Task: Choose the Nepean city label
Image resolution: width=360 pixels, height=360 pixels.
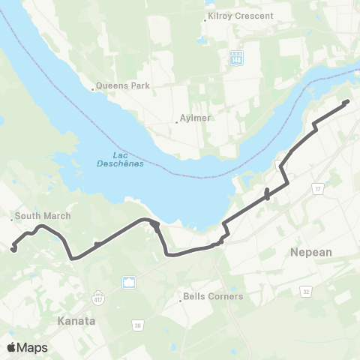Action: pyautogui.click(x=310, y=253)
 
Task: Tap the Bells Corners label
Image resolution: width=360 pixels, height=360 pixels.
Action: pyautogui.click(x=215, y=296)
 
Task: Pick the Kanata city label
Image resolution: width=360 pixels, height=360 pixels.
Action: pyautogui.click(x=76, y=320)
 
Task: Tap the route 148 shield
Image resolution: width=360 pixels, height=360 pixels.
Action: pyautogui.click(x=236, y=56)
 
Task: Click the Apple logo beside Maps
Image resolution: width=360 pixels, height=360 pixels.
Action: pyautogui.click(x=11, y=347)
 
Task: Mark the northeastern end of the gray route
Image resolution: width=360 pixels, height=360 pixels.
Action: pyautogui.click(x=346, y=102)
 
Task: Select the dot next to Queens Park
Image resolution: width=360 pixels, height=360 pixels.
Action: pyautogui.click(x=94, y=88)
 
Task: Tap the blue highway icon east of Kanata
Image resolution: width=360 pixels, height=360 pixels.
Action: pyautogui.click(x=129, y=283)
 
